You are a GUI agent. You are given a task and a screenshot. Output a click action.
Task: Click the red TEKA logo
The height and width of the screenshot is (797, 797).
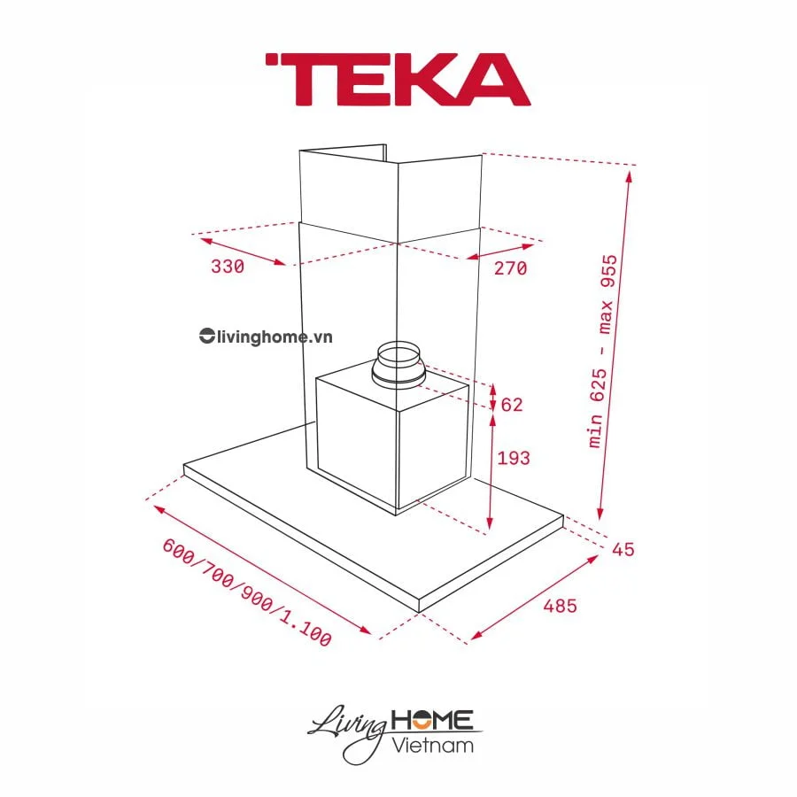(x=398, y=80)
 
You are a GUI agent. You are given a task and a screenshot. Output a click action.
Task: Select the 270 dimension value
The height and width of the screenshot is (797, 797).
(x=510, y=267)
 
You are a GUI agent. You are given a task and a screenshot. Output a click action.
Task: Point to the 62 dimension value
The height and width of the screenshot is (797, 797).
(x=512, y=406)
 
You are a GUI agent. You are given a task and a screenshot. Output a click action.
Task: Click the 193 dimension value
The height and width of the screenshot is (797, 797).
(x=515, y=458)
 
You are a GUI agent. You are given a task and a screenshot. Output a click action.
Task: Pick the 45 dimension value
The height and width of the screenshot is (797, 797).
(x=623, y=549)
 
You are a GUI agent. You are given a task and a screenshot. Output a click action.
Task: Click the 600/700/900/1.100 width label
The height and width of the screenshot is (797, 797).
(x=247, y=592)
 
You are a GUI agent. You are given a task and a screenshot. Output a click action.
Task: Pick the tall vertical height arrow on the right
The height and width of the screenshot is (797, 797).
(x=615, y=345)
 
